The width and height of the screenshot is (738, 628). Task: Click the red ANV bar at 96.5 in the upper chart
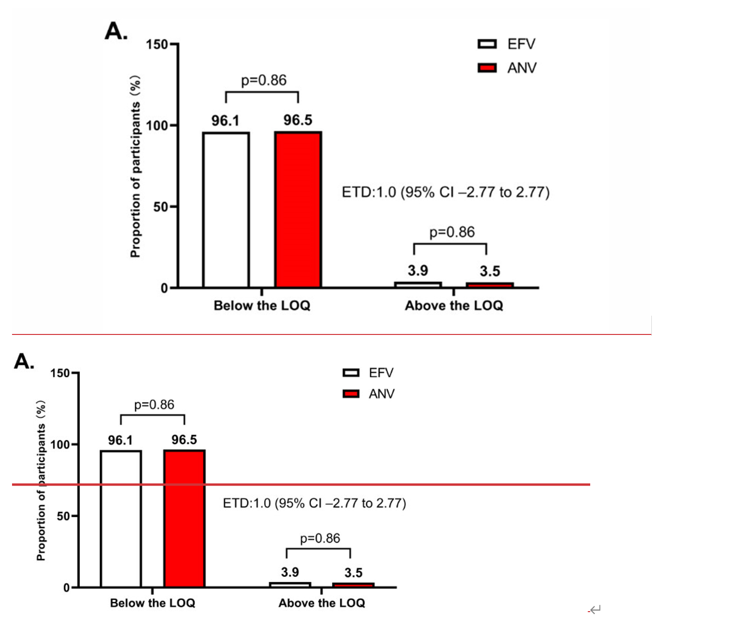coord(298,210)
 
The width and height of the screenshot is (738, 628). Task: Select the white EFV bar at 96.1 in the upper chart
coord(226,210)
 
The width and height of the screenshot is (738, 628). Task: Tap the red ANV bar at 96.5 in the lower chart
coord(184,519)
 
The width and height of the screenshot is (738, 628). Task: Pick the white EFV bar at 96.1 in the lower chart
coord(121,519)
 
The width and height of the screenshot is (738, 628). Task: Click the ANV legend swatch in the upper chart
coord(487,68)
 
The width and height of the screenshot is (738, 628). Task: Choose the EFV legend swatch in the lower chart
coord(351,372)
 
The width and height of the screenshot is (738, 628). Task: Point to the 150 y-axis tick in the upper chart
coord(157,45)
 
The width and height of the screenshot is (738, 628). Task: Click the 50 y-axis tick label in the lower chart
coord(63,516)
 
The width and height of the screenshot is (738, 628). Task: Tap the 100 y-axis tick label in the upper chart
coord(156,126)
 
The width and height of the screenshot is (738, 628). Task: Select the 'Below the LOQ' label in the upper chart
coord(262,306)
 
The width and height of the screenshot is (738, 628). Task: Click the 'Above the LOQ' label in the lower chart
coord(322,603)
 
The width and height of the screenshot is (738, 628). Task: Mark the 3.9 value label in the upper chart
coord(418,270)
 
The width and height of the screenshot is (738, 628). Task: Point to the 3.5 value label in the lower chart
coord(353,573)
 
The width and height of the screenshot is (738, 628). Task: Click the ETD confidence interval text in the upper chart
coord(445,192)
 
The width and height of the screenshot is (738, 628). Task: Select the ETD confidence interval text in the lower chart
coord(314,503)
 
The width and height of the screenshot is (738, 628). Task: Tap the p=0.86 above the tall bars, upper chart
coord(263,80)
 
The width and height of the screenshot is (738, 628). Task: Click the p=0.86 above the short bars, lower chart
coord(320,538)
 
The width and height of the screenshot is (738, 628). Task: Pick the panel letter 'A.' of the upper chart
coord(116,31)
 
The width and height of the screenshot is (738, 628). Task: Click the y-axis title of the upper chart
coord(135,166)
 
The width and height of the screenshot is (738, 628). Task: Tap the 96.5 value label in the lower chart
coord(184,440)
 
